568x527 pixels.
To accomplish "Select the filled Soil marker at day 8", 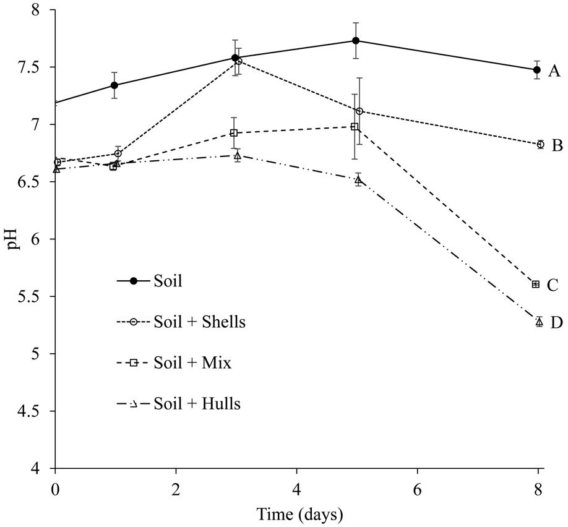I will pyautogui.click(x=536, y=70).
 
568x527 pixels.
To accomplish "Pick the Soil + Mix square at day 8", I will pyautogui.click(x=536, y=284).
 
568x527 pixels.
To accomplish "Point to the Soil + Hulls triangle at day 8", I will pyautogui.click(x=539, y=322).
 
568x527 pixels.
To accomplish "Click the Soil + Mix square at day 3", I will pyautogui.click(x=234, y=133).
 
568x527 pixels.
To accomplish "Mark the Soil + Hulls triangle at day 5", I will pyautogui.click(x=358, y=180).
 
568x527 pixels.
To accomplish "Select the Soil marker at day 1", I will pyautogui.click(x=114, y=85).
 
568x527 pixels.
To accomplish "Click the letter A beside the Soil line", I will pyautogui.click(x=555, y=72).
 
